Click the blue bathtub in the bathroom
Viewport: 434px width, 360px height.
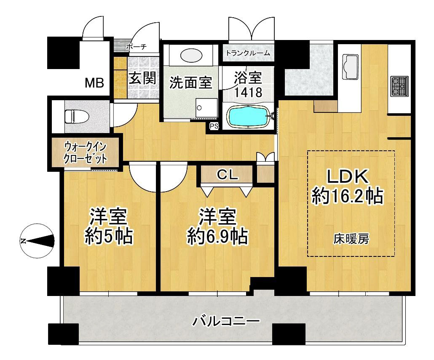(248, 117)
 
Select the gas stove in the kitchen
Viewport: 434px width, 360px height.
(399, 86)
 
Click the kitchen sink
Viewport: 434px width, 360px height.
(351, 67)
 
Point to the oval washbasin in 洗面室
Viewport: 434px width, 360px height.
(191, 55)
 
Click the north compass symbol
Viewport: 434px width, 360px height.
(37, 241)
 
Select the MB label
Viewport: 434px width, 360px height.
(94, 83)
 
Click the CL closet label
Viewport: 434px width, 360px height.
(227, 174)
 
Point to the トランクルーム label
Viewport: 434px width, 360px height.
(248, 53)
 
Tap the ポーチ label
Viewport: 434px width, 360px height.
(136, 47)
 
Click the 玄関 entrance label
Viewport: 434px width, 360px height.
(143, 78)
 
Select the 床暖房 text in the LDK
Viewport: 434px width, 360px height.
(351, 239)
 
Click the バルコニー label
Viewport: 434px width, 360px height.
(226, 321)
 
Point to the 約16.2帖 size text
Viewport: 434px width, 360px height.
(347, 196)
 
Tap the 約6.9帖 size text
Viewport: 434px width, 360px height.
(217, 236)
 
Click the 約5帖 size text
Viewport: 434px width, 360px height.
(109, 236)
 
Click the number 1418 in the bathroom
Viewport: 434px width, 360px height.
(248, 92)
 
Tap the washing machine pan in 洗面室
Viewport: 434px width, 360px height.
(206, 108)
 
